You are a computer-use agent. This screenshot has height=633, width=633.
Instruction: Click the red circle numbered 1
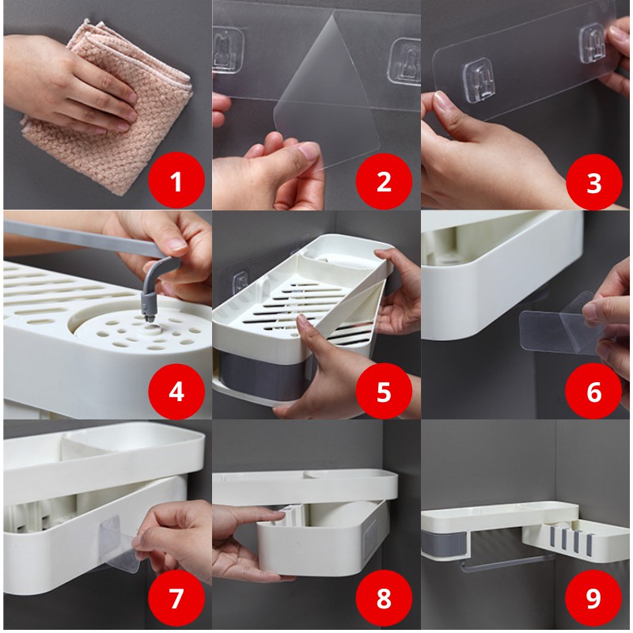pyautogui.click(x=176, y=181)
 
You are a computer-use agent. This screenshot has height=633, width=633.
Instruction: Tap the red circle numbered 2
pyautogui.click(x=384, y=181)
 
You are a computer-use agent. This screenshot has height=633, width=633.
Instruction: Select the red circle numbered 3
pyautogui.click(x=594, y=182)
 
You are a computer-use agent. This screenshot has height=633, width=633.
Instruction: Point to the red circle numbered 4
pyautogui.click(x=176, y=391)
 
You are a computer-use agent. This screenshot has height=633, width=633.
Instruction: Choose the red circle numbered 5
pyautogui.click(x=384, y=391)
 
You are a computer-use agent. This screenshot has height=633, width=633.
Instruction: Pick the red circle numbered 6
pyautogui.click(x=593, y=391)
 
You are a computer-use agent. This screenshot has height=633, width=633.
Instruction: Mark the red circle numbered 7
pyautogui.click(x=176, y=598)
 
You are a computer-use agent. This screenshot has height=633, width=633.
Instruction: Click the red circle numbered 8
pyautogui.click(x=384, y=598)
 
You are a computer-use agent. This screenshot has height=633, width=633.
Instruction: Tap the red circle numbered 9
pyautogui.click(x=593, y=598)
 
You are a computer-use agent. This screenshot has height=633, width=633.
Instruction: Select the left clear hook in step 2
pyautogui.click(x=228, y=50)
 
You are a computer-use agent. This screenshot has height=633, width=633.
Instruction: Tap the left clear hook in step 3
pyautogui.click(x=479, y=82)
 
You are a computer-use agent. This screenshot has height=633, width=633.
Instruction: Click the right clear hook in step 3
pyautogui.click(x=592, y=44)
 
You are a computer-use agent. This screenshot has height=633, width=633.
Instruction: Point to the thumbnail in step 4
pyautogui.click(x=176, y=244)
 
